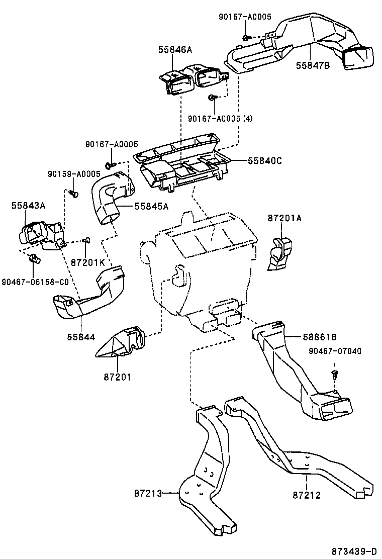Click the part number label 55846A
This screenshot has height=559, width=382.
click(175, 50)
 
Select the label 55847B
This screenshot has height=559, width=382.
click(313, 65)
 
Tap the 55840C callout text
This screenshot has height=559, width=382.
click(265, 161)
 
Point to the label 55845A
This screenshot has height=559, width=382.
click(151, 206)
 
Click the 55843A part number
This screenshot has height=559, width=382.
click(28, 205)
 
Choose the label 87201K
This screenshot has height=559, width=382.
click(87, 263)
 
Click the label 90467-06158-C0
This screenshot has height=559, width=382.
click(35, 282)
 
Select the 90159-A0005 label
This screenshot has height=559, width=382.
click(74, 174)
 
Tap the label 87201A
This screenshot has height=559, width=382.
click(284, 218)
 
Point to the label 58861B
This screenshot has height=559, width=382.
click(320, 337)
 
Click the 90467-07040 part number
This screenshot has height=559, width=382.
click(335, 351)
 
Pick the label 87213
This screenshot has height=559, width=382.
click(148, 494)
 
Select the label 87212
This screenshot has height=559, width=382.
click(307, 495)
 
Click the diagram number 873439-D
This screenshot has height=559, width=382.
click(354, 551)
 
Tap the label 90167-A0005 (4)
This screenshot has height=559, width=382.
click(220, 118)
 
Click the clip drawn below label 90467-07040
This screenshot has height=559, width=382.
click(334, 374)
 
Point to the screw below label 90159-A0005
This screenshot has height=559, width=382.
click(74, 193)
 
